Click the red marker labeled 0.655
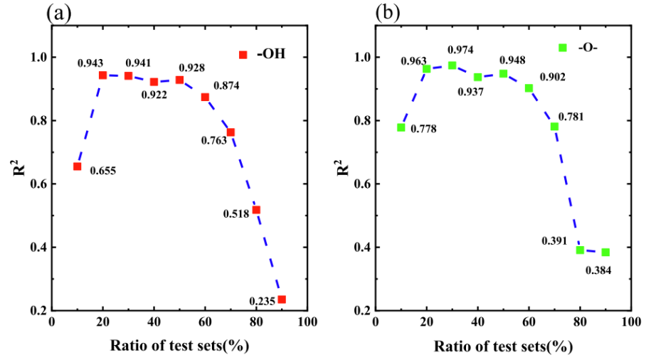(x=77, y=166)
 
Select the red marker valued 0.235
(x=282, y=300)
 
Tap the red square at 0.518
(x=256, y=210)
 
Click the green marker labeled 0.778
(x=401, y=127)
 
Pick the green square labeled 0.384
(x=605, y=253)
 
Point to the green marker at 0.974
(x=452, y=65)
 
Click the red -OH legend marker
(x=243, y=55)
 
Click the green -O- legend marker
(x=563, y=48)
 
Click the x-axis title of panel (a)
(x=179, y=346)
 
